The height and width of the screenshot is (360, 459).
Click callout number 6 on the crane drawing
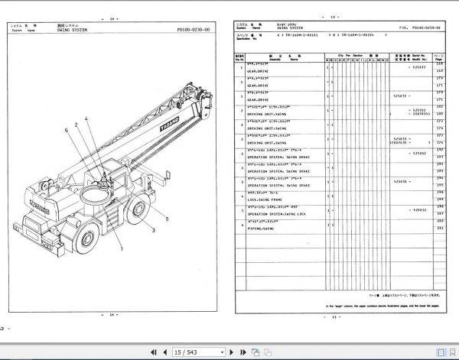[x=67, y=130]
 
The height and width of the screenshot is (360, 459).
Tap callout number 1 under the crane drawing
[x=120, y=248]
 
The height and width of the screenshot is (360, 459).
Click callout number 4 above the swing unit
[x=86, y=118]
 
